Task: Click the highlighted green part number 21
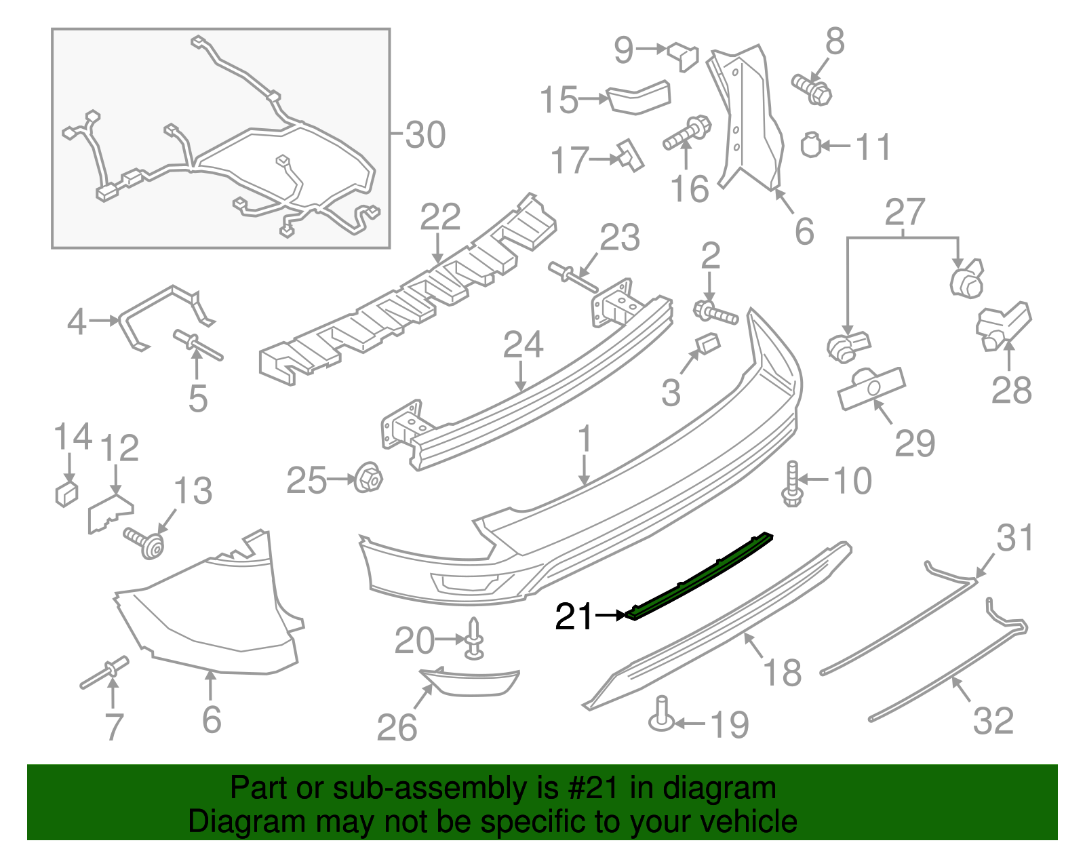tap(698, 576)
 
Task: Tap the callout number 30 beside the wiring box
tap(425, 134)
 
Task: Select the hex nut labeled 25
tap(369, 478)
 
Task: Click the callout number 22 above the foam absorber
tap(440, 217)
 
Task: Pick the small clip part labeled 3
tap(708, 344)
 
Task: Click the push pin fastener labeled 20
tap(474, 639)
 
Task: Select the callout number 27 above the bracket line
tap(905, 212)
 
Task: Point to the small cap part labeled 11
tap(811, 145)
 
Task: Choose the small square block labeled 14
tap(66, 493)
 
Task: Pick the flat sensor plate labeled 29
tap(871, 389)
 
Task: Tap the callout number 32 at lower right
tap(993, 720)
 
